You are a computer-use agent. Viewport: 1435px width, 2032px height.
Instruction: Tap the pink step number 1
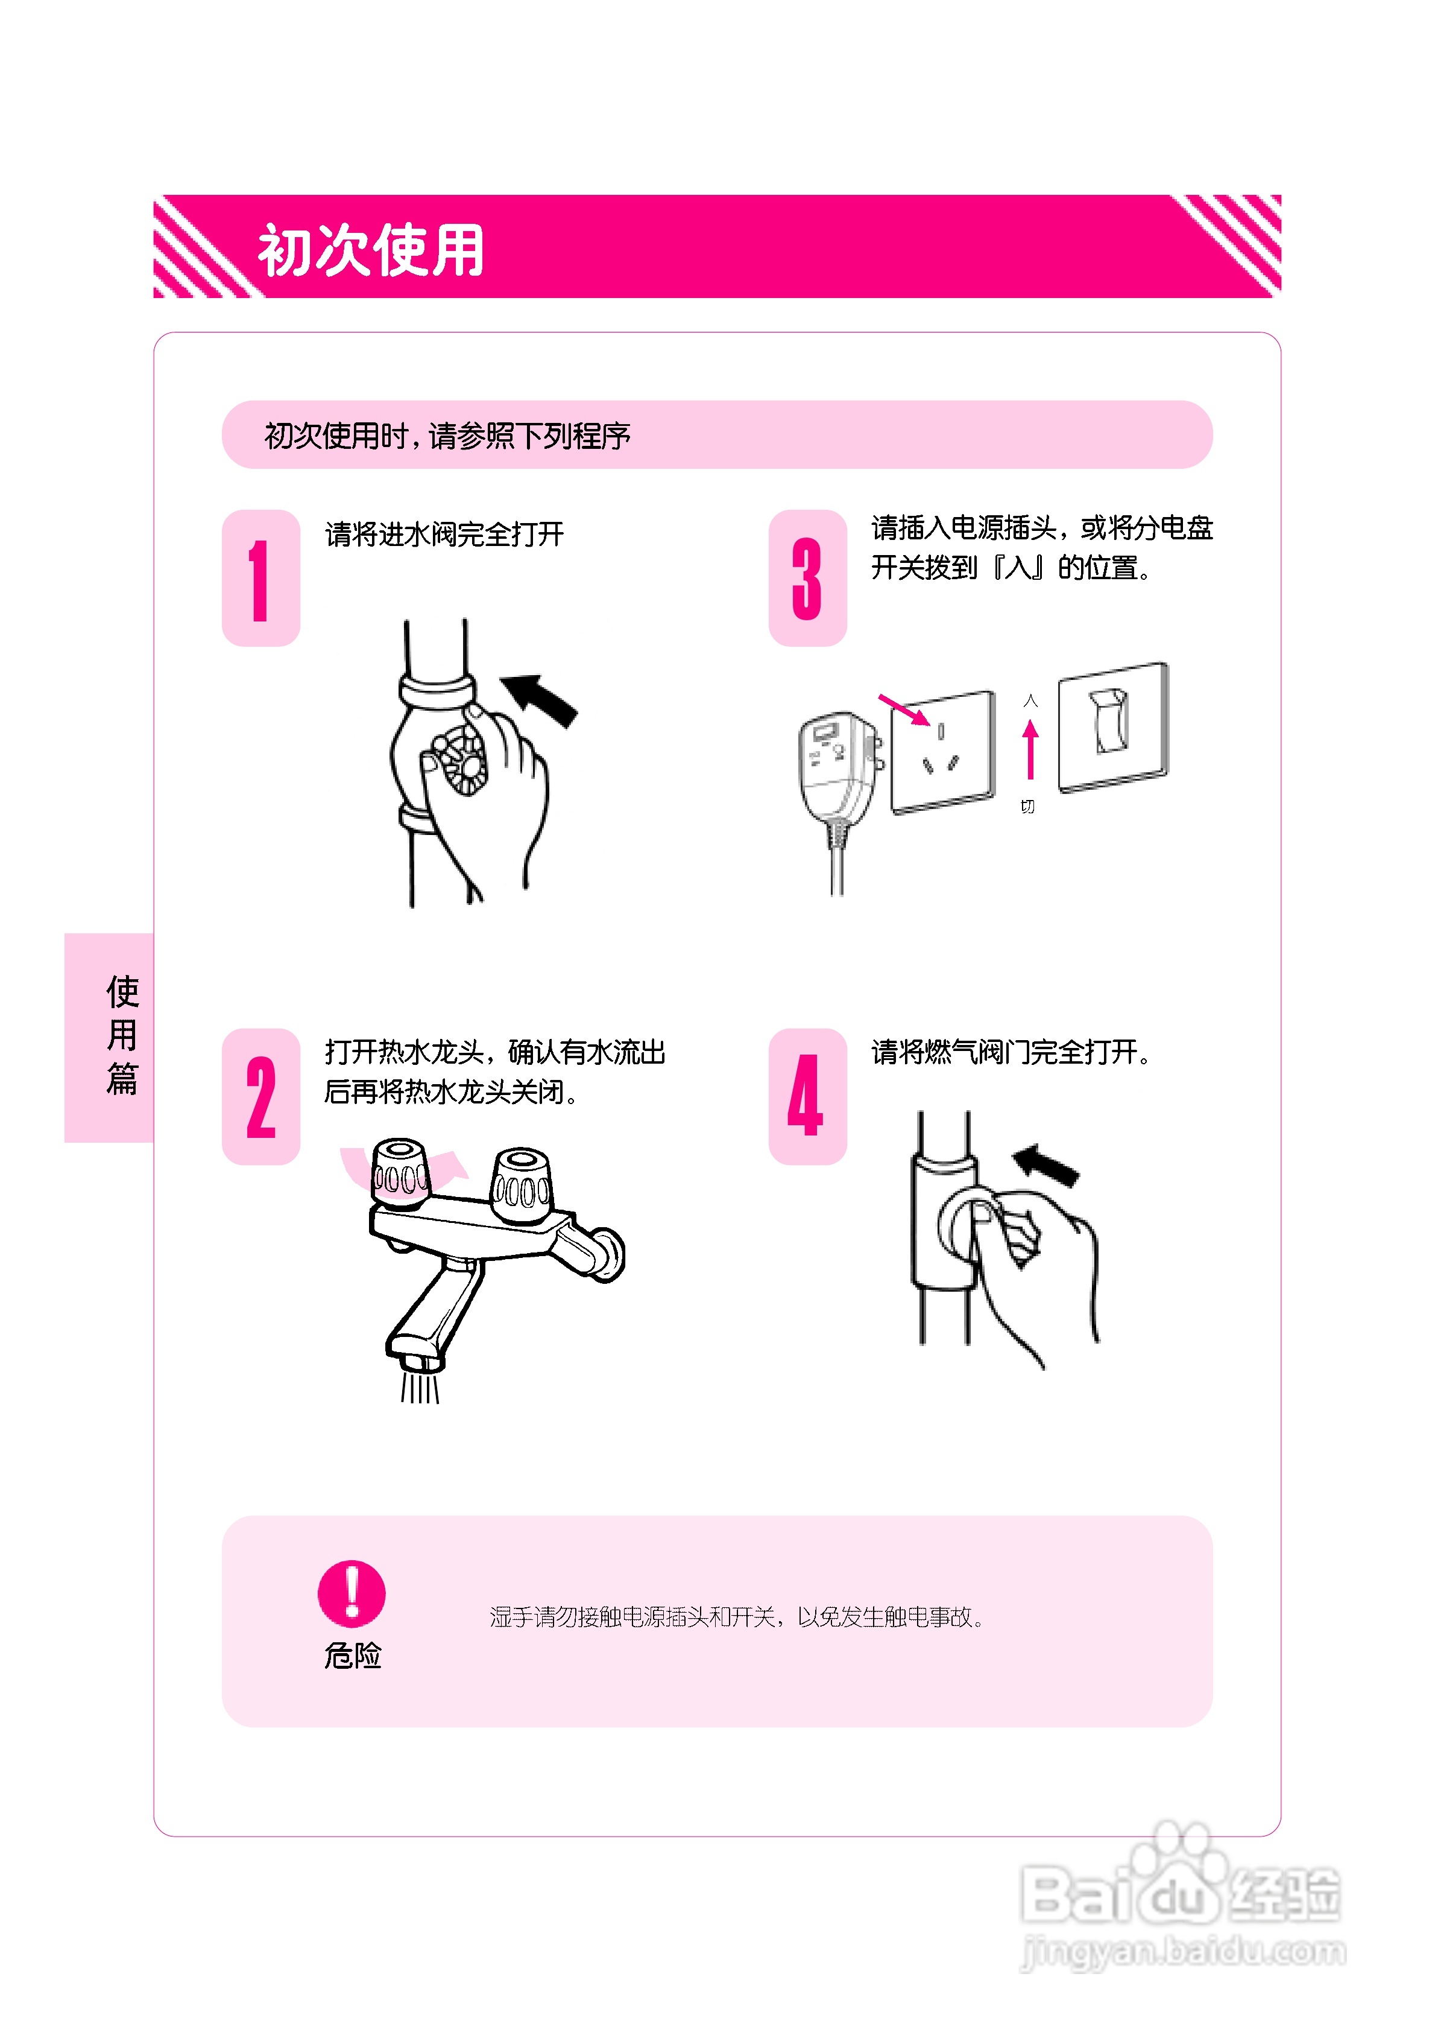point(259,580)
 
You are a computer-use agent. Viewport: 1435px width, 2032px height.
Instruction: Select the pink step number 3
point(806,580)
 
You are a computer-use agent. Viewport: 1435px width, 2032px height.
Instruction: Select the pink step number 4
point(805,1096)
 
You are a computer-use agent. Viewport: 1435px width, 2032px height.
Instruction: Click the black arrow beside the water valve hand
point(541,699)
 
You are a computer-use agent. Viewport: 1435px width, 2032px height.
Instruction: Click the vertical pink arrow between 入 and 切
point(1030,749)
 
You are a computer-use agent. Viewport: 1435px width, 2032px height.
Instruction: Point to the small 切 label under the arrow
point(1027,806)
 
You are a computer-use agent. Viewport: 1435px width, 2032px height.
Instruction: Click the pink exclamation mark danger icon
point(352,1593)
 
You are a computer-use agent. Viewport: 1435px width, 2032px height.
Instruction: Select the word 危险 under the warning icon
point(352,1655)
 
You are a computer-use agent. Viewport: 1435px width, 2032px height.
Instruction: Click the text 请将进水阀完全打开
point(444,535)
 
